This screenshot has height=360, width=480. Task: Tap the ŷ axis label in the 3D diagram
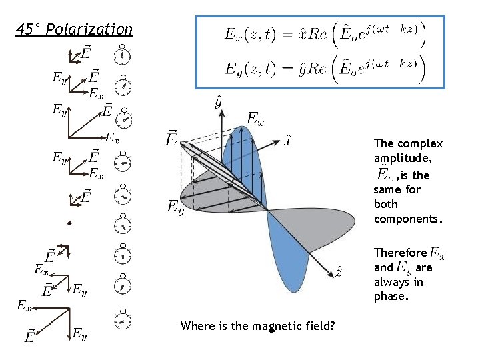pyautogui.click(x=218, y=102)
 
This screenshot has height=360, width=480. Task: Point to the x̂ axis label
pyautogui.click(x=287, y=140)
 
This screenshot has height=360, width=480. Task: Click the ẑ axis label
pyautogui.click(x=339, y=272)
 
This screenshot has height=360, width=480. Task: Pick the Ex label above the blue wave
pyautogui.click(x=255, y=119)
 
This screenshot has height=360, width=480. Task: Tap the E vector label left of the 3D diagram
pyautogui.click(x=172, y=139)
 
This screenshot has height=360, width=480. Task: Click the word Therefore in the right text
pyautogui.click(x=400, y=253)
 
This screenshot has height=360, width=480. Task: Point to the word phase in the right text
pyautogui.click(x=389, y=297)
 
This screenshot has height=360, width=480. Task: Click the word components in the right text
pyautogui.click(x=407, y=219)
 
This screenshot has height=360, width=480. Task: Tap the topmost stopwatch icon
pyautogui.click(x=121, y=53)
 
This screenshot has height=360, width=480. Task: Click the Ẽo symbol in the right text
pyautogui.click(x=385, y=175)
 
